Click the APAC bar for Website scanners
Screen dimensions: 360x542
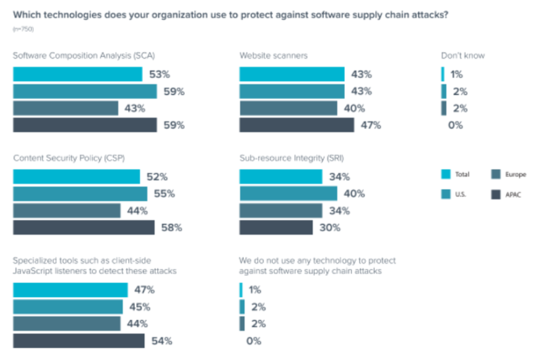(x=296, y=126)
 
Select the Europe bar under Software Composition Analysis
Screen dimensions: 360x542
(x=65, y=108)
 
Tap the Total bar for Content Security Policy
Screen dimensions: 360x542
(x=76, y=177)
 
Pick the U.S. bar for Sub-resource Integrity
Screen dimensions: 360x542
(x=288, y=194)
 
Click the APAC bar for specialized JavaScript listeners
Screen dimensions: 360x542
(x=79, y=341)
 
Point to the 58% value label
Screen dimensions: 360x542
(x=172, y=228)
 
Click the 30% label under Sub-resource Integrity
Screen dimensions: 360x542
(x=330, y=228)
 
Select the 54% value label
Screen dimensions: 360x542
(x=162, y=341)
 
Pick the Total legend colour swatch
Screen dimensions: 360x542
(x=445, y=174)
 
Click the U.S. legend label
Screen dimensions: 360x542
(x=461, y=194)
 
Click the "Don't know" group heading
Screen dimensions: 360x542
(x=463, y=55)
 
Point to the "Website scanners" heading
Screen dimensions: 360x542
(x=273, y=55)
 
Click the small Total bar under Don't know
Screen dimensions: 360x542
(x=443, y=74)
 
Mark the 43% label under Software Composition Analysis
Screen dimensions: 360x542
(x=135, y=108)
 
